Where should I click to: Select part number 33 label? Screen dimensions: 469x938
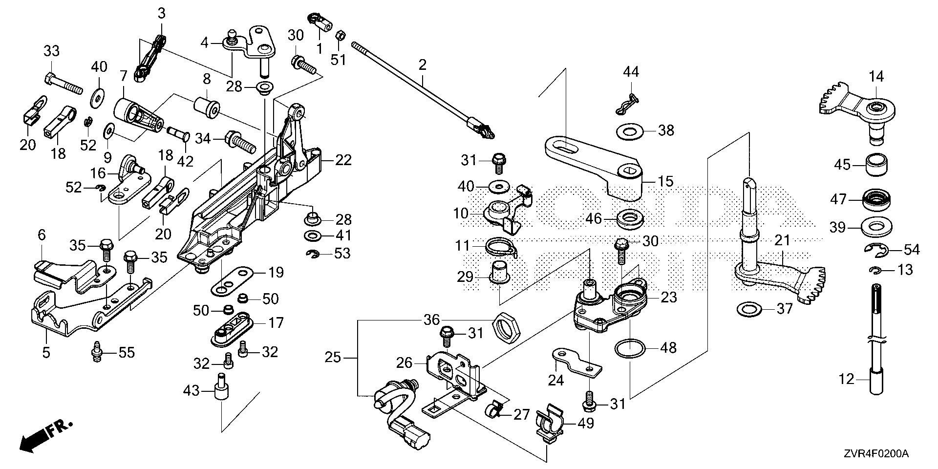(x=52, y=51)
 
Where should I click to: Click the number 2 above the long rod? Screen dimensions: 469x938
(x=422, y=65)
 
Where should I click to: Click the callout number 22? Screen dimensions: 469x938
(x=343, y=160)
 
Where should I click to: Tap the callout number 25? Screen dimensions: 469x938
(x=334, y=358)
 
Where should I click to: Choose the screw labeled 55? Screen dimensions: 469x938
(x=97, y=352)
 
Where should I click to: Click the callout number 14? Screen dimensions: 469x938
(x=876, y=77)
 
